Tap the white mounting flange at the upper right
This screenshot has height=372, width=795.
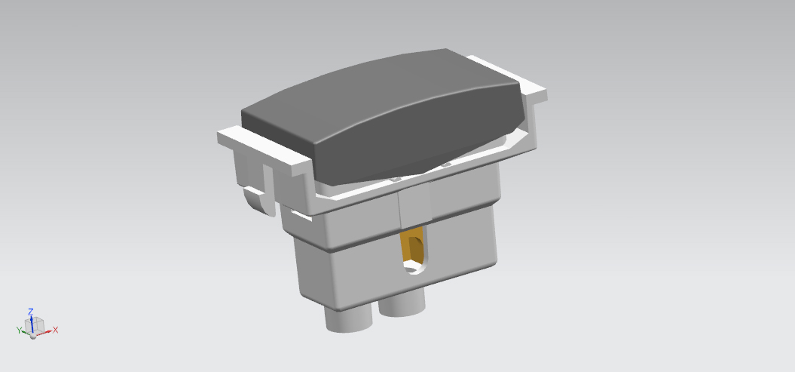[x=507, y=75]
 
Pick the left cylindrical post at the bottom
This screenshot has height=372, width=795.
[x=348, y=318]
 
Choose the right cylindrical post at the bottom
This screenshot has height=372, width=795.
[x=402, y=306]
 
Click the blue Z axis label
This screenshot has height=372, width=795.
[x=30, y=312]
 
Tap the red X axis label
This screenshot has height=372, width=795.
[x=55, y=330]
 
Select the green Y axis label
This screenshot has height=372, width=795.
[x=20, y=330]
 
